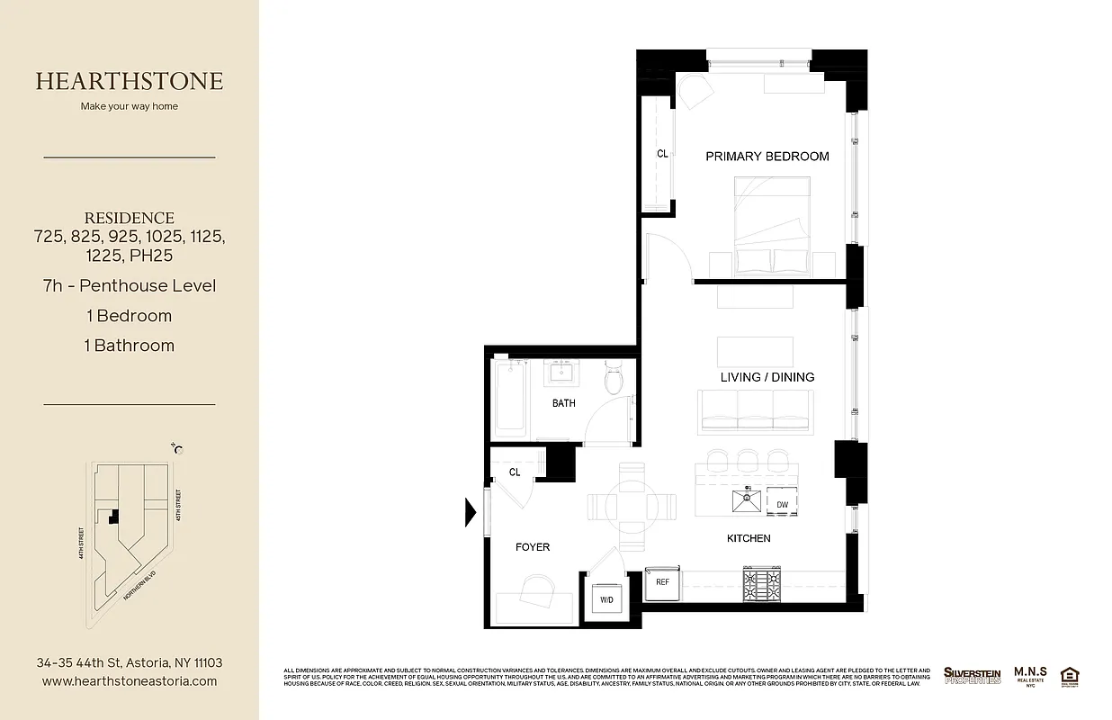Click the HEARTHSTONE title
[130, 81]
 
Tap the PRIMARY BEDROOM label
[767, 157]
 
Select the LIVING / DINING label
[767, 377]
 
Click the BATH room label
[564, 403]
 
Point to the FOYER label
[532, 547]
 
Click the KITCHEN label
[749, 538]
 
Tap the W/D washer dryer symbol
[606, 599]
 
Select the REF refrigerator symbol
[662, 582]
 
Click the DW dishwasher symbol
[782, 505]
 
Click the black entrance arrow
[470, 512]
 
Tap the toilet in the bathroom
[615, 378]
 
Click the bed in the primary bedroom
[772, 225]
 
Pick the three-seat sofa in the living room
[755, 410]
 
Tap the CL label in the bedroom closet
[662, 154]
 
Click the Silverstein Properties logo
[972, 675]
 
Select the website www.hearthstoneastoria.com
[130, 681]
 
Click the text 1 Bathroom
[130, 346]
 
